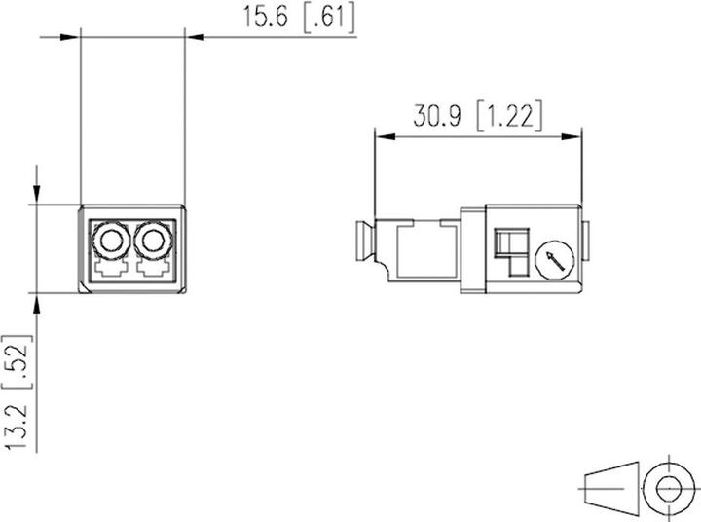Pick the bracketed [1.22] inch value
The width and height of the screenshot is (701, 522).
point(510,117)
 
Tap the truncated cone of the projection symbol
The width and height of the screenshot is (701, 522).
point(610,484)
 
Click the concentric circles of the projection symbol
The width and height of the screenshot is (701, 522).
point(668,484)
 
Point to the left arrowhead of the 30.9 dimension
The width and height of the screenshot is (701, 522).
point(384,136)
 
